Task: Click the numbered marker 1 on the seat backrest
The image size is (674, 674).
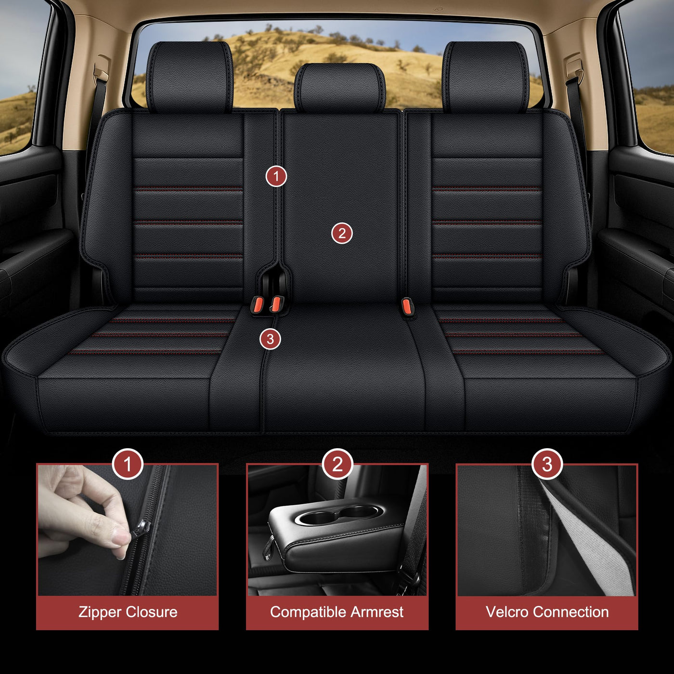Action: pos(276,176)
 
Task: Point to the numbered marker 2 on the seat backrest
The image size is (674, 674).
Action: pos(342,233)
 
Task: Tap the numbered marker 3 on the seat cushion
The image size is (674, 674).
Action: pos(270,338)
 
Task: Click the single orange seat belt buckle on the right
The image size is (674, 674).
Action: pos(407,306)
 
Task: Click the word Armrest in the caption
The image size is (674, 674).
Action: pos(376,612)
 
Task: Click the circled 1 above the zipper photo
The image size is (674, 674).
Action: pos(128,464)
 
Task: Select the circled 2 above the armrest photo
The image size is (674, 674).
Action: pos(337,464)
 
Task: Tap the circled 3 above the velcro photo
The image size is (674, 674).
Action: pos(547,464)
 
